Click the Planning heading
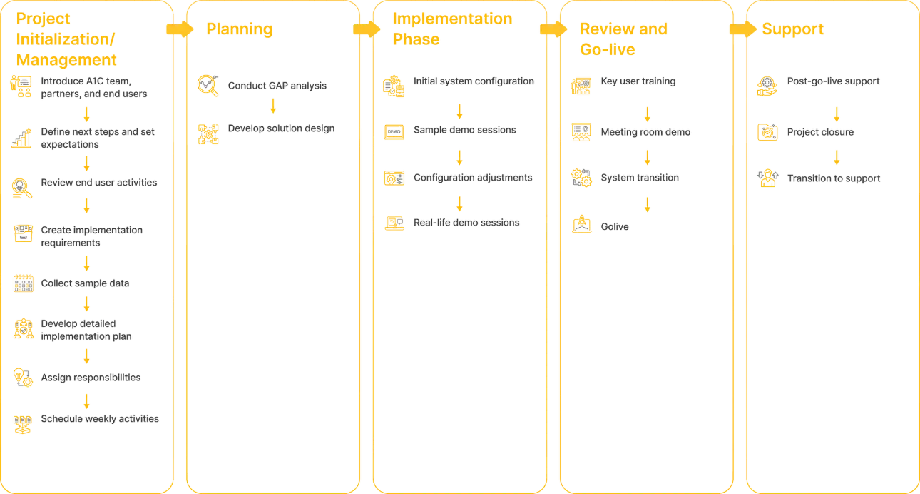click(239, 30)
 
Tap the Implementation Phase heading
click(452, 29)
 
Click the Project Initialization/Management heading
click(67, 39)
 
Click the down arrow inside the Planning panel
click(273, 106)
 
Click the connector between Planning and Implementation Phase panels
click(364, 30)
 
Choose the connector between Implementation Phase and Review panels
click(552, 30)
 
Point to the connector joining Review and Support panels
click(739, 30)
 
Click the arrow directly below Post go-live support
click(837, 114)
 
